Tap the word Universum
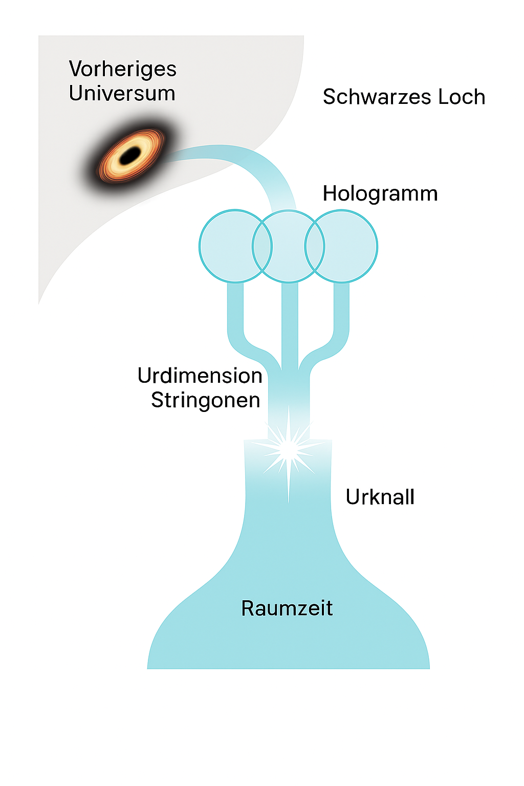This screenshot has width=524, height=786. (x=122, y=94)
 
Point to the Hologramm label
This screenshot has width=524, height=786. (x=380, y=194)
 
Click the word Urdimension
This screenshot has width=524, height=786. (x=200, y=376)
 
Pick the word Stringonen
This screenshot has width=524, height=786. (x=205, y=400)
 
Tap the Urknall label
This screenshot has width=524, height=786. (x=380, y=497)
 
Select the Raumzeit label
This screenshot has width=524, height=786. (x=287, y=608)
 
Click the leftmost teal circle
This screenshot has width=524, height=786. (x=225, y=246)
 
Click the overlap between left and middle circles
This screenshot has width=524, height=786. (x=262, y=246)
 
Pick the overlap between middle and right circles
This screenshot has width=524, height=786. (x=315, y=246)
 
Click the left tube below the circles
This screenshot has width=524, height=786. (x=235, y=317)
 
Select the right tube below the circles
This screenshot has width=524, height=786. (x=341, y=317)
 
